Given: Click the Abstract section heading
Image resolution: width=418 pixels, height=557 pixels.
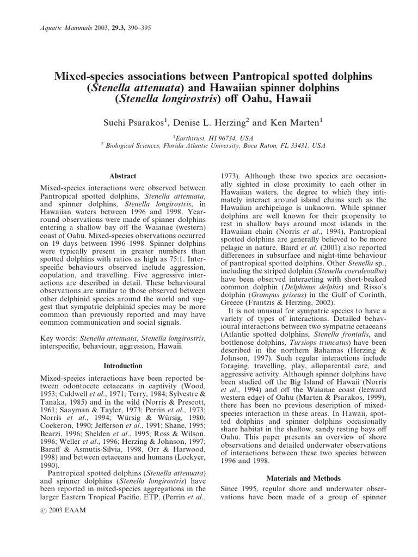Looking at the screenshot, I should pyautogui.click(x=123, y=176).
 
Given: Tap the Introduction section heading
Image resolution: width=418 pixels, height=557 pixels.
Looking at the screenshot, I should pyautogui.click(x=123, y=366).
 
